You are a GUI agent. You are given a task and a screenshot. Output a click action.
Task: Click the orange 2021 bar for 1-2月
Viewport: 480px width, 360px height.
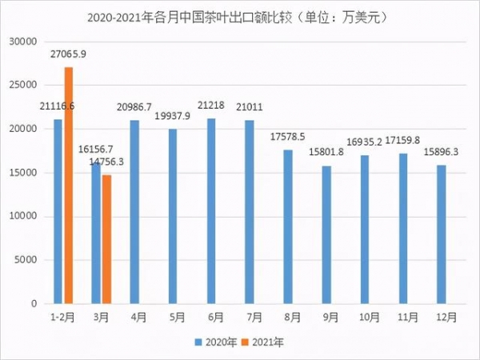pos(69,186)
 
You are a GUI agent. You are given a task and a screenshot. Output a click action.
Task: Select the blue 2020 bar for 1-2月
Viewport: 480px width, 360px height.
pos(58,212)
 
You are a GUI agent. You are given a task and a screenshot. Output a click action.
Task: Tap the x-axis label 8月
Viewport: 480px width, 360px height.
pos(287,318)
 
